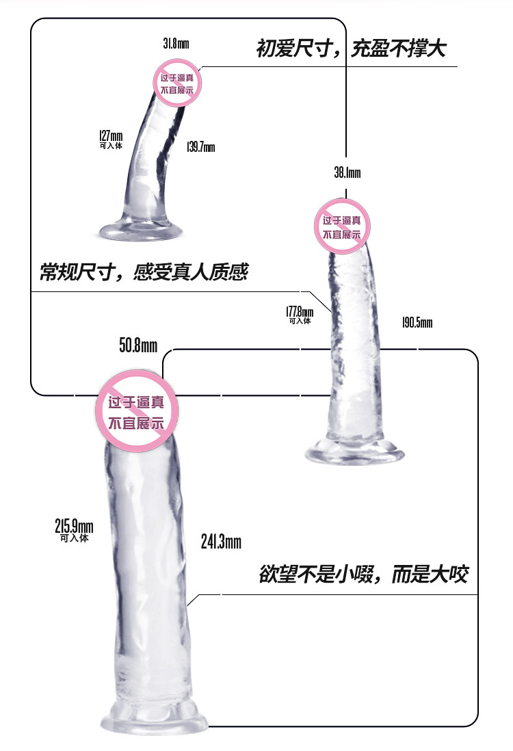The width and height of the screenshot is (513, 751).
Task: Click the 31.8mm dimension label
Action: tap(176, 44)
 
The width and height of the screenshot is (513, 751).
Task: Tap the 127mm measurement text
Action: tap(111, 135)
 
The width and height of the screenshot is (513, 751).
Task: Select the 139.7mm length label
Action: tap(200, 146)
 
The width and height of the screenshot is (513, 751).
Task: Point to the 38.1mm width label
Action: tap(347, 172)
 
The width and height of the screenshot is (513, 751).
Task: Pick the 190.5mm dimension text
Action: tap(417, 322)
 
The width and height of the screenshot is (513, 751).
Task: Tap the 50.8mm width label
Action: tap(138, 345)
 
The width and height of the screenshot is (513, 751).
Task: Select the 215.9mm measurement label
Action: tap(75, 526)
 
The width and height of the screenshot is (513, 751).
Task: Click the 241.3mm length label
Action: tap(221, 542)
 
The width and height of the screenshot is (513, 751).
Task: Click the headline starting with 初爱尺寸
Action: tap(351, 49)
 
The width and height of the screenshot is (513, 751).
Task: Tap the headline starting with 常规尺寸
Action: tap(144, 272)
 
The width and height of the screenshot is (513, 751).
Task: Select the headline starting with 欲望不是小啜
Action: tap(364, 574)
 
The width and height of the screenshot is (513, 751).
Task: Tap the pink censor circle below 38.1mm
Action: tap(342, 226)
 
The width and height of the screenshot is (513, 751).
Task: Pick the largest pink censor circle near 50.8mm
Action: tap(137, 411)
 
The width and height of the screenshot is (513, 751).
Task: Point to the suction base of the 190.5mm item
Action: tap(354, 453)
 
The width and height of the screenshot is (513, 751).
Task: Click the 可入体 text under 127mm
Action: tap(111, 146)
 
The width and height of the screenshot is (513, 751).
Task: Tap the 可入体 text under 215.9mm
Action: tap(75, 538)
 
